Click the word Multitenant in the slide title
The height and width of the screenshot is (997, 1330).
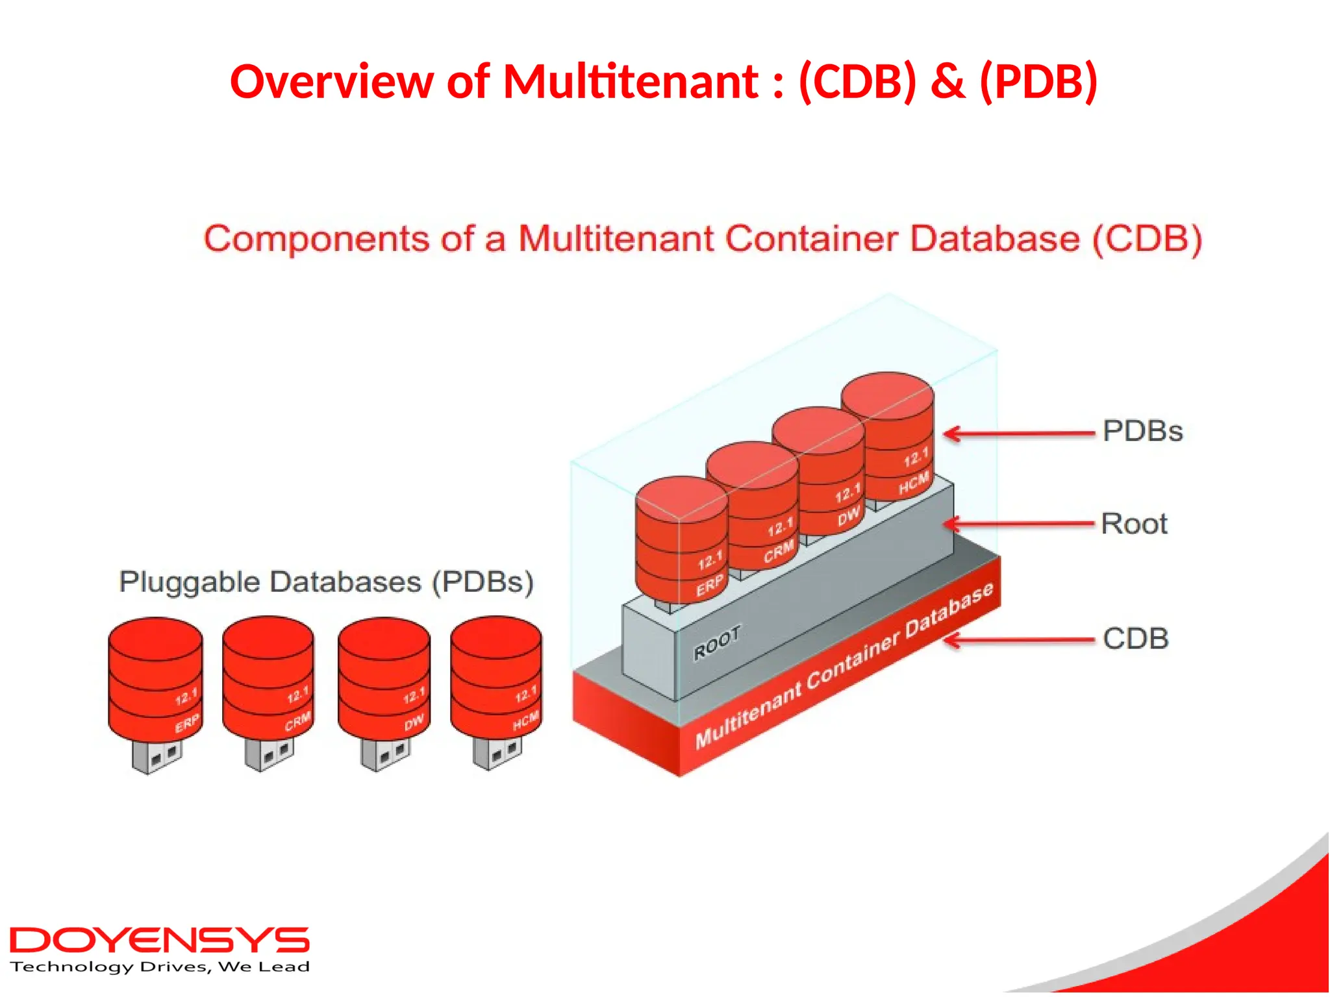pyautogui.click(x=630, y=82)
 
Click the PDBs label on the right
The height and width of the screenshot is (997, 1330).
pyautogui.click(x=1142, y=431)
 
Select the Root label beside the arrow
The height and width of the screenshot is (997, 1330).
pyautogui.click(x=1134, y=524)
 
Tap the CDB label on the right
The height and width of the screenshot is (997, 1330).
pyautogui.click(x=1136, y=639)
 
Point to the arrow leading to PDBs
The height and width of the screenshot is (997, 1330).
pyautogui.click(x=1020, y=434)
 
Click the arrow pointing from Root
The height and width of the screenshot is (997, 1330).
pyautogui.click(x=1020, y=523)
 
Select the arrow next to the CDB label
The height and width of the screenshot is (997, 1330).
pyautogui.click(x=1020, y=641)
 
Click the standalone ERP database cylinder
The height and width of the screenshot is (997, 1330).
pyautogui.click(x=155, y=678)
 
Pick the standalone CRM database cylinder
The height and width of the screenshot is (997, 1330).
pyautogui.click(x=268, y=678)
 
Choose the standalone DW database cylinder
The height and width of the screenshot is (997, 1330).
pyautogui.click(x=384, y=678)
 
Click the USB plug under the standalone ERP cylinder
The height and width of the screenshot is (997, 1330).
pyautogui.click(x=157, y=756)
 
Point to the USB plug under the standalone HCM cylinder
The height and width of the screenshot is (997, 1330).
pyautogui.click(x=497, y=753)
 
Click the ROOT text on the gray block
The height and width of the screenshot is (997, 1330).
pyautogui.click(x=717, y=643)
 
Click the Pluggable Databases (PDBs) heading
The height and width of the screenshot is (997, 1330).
pyautogui.click(x=327, y=582)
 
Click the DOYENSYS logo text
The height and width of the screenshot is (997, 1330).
pyautogui.click(x=159, y=941)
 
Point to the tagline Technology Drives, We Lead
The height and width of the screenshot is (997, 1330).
pyautogui.click(x=160, y=967)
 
